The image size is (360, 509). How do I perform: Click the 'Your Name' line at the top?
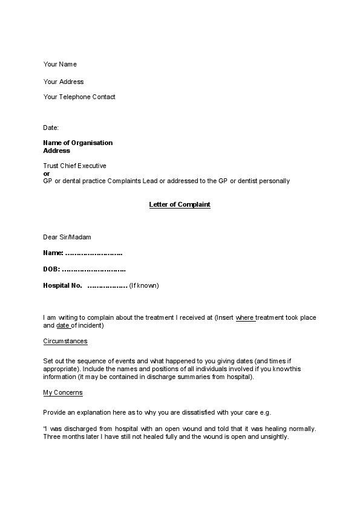pos(60,64)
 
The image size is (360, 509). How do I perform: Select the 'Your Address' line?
pos(64,82)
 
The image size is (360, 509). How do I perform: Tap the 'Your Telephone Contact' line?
pos(79,97)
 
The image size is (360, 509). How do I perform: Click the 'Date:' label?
pos(51,128)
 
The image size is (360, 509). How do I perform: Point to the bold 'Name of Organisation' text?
pos(77,143)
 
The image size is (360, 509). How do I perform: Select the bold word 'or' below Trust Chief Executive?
pos(47,173)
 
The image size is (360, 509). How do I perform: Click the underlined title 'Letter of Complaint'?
pos(180,204)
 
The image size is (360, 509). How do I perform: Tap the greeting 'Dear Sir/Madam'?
pos(67,237)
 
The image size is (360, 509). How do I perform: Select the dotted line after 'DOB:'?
pos(94,269)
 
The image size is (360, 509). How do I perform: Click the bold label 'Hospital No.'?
pos(62,285)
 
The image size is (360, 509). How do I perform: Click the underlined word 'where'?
pos(244,317)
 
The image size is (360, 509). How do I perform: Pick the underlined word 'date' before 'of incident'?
pos(63,326)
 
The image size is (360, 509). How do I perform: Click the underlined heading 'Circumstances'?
pos(65,341)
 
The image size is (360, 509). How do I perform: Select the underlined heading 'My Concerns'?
pos(63,392)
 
